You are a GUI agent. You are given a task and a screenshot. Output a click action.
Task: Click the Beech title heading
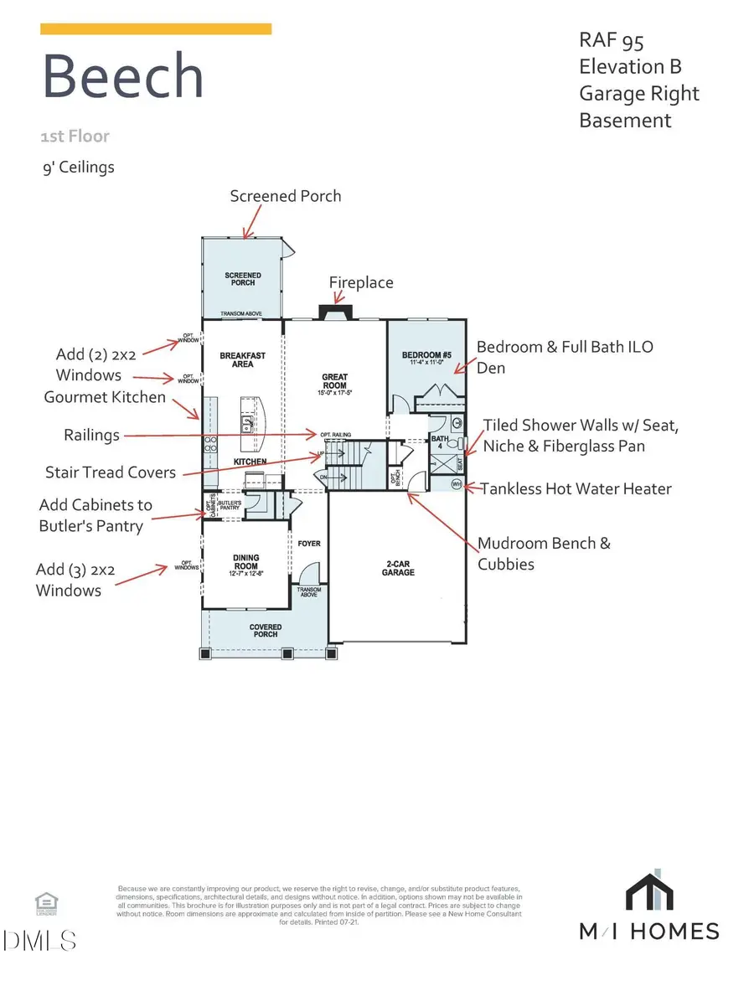(123, 77)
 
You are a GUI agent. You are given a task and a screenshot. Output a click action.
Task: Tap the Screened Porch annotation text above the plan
(286, 196)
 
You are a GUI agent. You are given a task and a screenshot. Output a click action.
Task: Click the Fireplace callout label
(361, 283)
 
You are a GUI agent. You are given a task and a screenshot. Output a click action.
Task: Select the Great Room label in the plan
(335, 381)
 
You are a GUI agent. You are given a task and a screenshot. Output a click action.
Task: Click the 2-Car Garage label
(395, 569)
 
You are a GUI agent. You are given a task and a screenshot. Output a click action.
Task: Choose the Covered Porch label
(266, 631)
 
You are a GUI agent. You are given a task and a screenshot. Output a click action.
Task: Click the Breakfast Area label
(242, 360)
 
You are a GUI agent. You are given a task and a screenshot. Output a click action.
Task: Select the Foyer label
(309, 544)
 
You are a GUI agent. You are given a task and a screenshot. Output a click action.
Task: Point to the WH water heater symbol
(457, 484)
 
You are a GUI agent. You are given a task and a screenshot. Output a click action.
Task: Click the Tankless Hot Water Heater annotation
(576, 488)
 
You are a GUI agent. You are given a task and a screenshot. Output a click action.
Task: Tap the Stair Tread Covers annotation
(111, 472)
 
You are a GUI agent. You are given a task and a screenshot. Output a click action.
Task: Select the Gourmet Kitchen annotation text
(105, 397)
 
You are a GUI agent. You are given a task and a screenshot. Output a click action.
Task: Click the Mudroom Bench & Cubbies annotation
(544, 554)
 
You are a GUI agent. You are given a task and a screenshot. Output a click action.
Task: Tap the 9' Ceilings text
(78, 167)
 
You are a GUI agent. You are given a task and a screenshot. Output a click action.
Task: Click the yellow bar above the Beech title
(156, 29)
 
